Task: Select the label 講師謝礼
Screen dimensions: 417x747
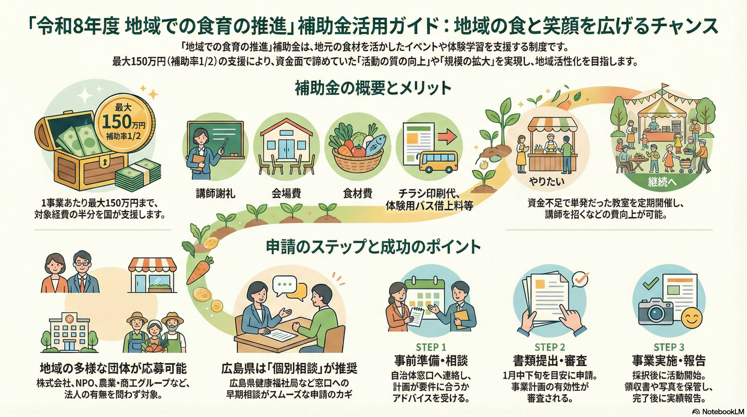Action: [x=215, y=193]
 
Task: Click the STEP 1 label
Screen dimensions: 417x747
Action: [x=431, y=347]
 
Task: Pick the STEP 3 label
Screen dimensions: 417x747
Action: [x=669, y=347]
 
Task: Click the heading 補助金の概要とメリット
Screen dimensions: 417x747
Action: [x=373, y=89]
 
